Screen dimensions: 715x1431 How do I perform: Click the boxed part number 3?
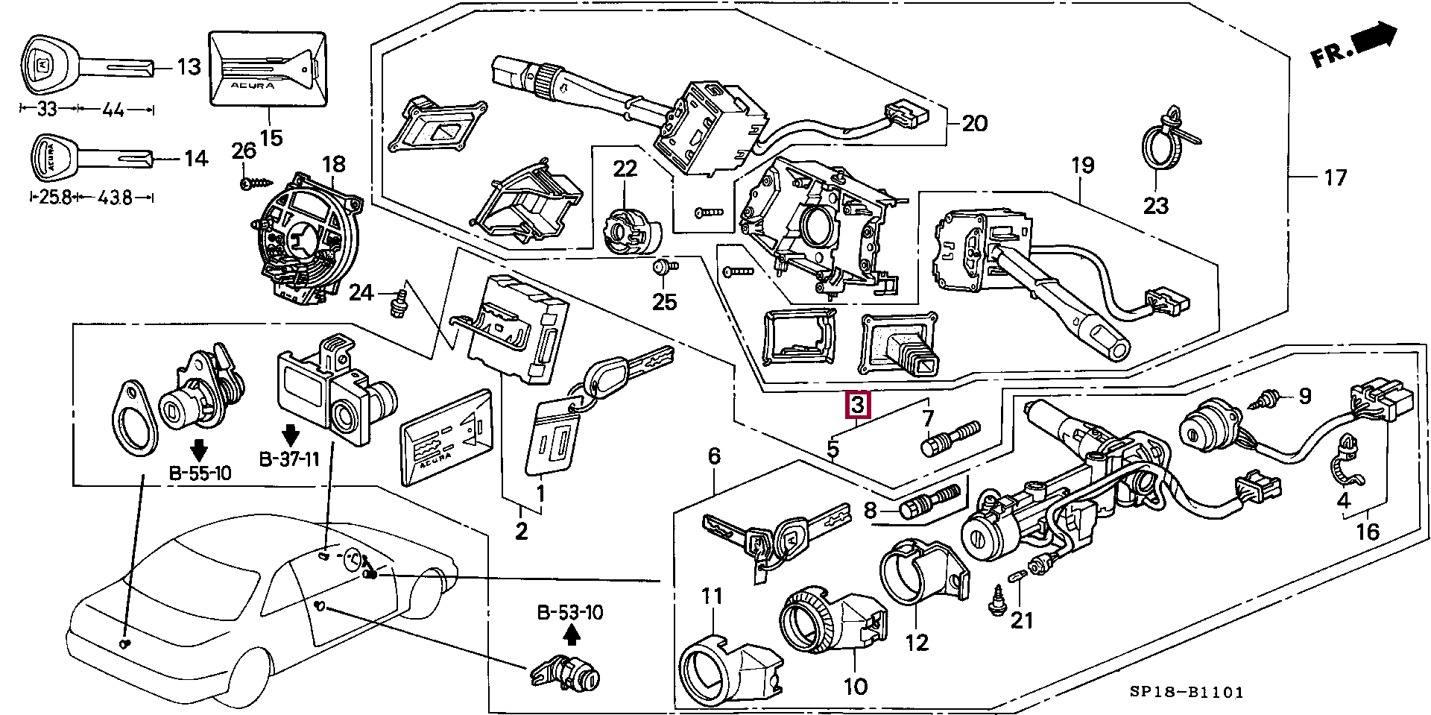pyautogui.click(x=857, y=406)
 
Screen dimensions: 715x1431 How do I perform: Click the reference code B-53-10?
pyautogui.click(x=570, y=613)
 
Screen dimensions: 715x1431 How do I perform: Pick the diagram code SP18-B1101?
pyautogui.click(x=1185, y=693)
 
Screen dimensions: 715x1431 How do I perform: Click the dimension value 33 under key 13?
pyautogui.click(x=47, y=110)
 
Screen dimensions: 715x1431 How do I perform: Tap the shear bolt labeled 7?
pyautogui.click(x=951, y=438)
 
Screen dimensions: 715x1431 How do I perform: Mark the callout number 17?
pyautogui.click(x=1336, y=177)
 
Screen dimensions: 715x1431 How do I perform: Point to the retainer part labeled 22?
pyautogui.click(x=628, y=227)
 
